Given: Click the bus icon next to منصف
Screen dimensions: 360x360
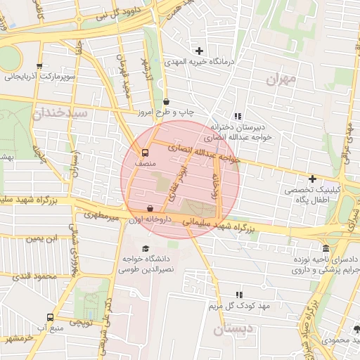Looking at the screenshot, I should click(x=146, y=152).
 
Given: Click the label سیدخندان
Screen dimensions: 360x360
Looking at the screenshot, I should click(x=64, y=112).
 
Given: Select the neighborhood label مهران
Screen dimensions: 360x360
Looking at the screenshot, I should click(x=282, y=79).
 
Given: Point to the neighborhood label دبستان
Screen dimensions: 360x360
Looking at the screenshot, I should click(x=231, y=329).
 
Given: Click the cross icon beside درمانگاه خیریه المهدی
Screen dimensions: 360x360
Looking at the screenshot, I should click(x=200, y=51).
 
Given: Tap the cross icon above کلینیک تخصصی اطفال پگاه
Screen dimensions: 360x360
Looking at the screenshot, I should click(x=312, y=179).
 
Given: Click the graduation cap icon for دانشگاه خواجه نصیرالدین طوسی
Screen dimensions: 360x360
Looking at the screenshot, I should click(x=146, y=248).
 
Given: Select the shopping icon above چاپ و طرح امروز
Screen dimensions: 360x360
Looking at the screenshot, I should click(x=166, y=101).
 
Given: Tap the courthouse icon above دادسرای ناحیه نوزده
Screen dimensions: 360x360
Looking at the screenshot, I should click(x=326, y=248).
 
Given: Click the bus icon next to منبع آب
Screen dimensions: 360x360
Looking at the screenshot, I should click(x=49, y=317).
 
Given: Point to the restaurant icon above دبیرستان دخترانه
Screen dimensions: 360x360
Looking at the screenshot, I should click(x=238, y=117).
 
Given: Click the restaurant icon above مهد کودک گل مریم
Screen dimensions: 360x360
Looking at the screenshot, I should click(x=239, y=295).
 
